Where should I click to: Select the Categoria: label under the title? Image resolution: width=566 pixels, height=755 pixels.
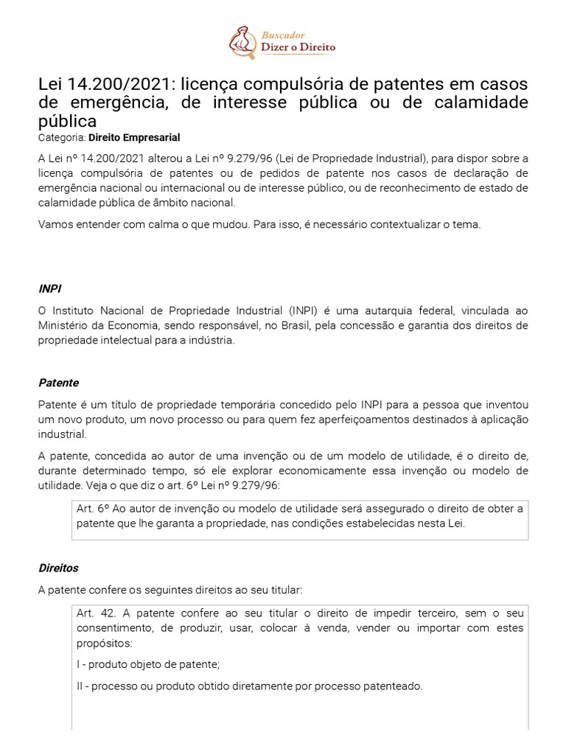tap(62, 137)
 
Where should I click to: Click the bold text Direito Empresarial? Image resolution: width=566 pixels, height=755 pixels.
tap(134, 137)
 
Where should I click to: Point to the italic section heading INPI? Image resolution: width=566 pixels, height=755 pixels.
tap(49, 288)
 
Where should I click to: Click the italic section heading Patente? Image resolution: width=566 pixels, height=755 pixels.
tap(58, 383)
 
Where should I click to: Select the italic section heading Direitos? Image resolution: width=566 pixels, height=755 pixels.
tap(58, 568)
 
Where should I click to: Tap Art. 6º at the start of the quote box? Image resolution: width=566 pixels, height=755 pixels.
tap(91, 509)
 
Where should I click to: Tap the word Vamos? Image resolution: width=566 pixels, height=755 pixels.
tap(56, 224)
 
